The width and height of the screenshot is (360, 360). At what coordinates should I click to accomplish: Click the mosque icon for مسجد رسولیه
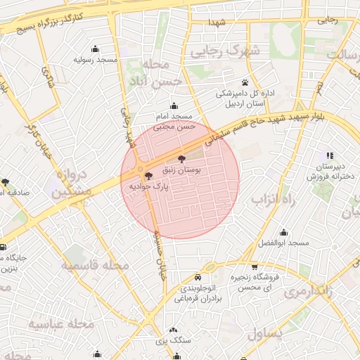click(x=96, y=49)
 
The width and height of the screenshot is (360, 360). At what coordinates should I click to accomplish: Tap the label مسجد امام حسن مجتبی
click(x=173, y=120)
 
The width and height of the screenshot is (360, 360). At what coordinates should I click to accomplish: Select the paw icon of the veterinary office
click(x=245, y=82)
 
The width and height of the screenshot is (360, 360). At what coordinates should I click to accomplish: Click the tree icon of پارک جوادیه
click(x=148, y=176)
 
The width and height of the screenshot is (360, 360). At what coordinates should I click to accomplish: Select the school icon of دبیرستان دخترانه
click(x=328, y=155)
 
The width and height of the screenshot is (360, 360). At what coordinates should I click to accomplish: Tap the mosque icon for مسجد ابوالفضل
click(x=283, y=232)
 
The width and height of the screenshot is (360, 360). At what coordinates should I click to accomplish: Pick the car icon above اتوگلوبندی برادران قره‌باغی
click(x=198, y=277)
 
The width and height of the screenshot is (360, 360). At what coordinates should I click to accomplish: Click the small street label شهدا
click(x=216, y=23)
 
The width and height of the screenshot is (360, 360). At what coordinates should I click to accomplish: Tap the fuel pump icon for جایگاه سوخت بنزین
click(x=3, y=247)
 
